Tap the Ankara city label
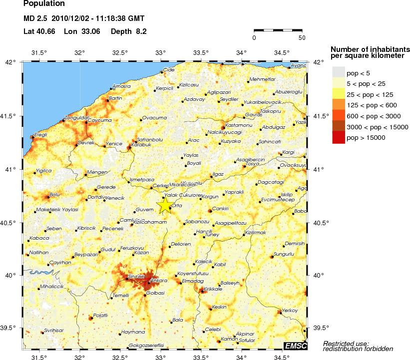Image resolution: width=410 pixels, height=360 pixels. (x=160, y=281)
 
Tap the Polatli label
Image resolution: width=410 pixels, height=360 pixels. (x=100, y=316)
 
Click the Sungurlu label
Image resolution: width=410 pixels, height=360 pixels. (x=285, y=254)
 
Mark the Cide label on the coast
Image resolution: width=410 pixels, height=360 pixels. (x=169, y=69)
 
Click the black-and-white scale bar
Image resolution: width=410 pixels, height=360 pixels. (x=279, y=31)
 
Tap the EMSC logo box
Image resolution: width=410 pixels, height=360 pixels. (x=296, y=345)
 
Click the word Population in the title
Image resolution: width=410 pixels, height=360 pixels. (x=44, y=4)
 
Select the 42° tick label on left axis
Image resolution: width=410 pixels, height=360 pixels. (x=11, y=62)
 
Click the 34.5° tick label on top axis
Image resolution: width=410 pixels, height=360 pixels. (x=282, y=52)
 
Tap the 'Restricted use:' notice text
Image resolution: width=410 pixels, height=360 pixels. (x=346, y=343)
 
